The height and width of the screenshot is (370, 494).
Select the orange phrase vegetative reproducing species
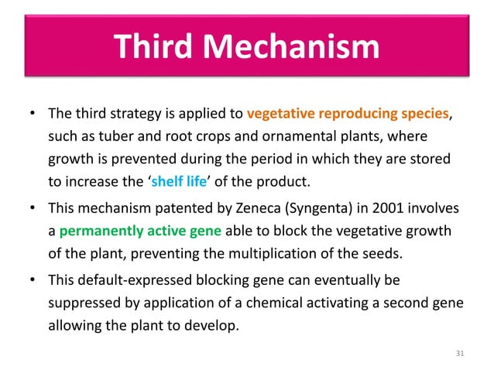[x=348, y=115]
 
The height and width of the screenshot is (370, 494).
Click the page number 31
[x=461, y=354]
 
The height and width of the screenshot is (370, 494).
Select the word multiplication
[x=289, y=252]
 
